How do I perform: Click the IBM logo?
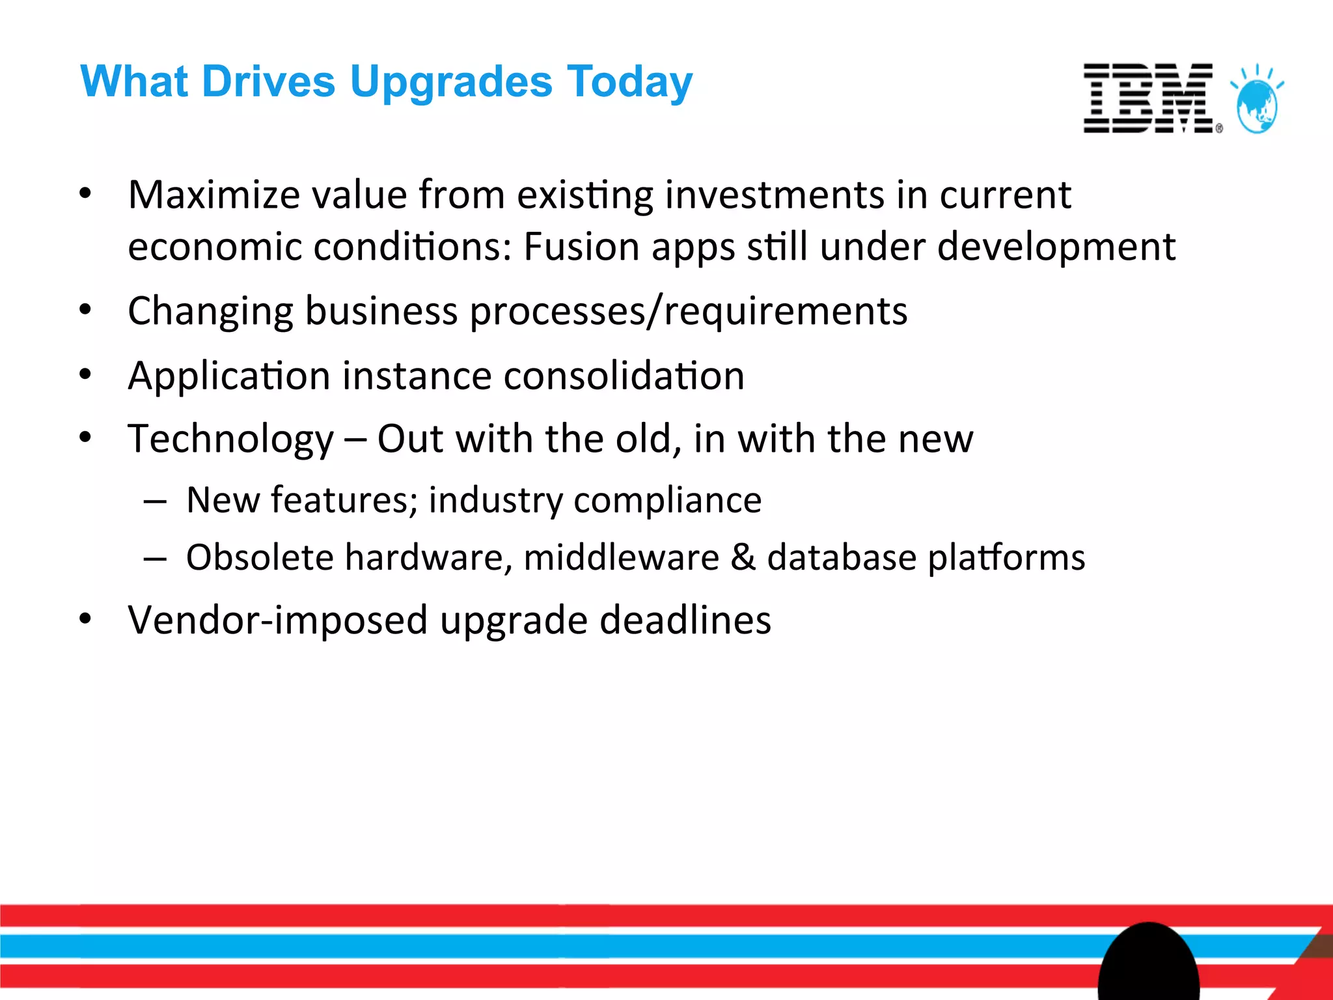point(1149,98)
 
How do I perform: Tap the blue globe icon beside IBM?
point(1257,104)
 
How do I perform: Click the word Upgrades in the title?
point(450,82)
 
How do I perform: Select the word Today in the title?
point(629,83)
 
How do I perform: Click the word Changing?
point(210,312)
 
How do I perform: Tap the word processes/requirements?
point(688,312)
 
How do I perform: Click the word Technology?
point(230,439)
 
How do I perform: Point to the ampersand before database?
point(743,557)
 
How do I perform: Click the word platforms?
point(1006,559)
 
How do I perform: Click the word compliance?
point(667,500)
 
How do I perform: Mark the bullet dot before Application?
point(85,374)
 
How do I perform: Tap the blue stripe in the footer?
point(521,946)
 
